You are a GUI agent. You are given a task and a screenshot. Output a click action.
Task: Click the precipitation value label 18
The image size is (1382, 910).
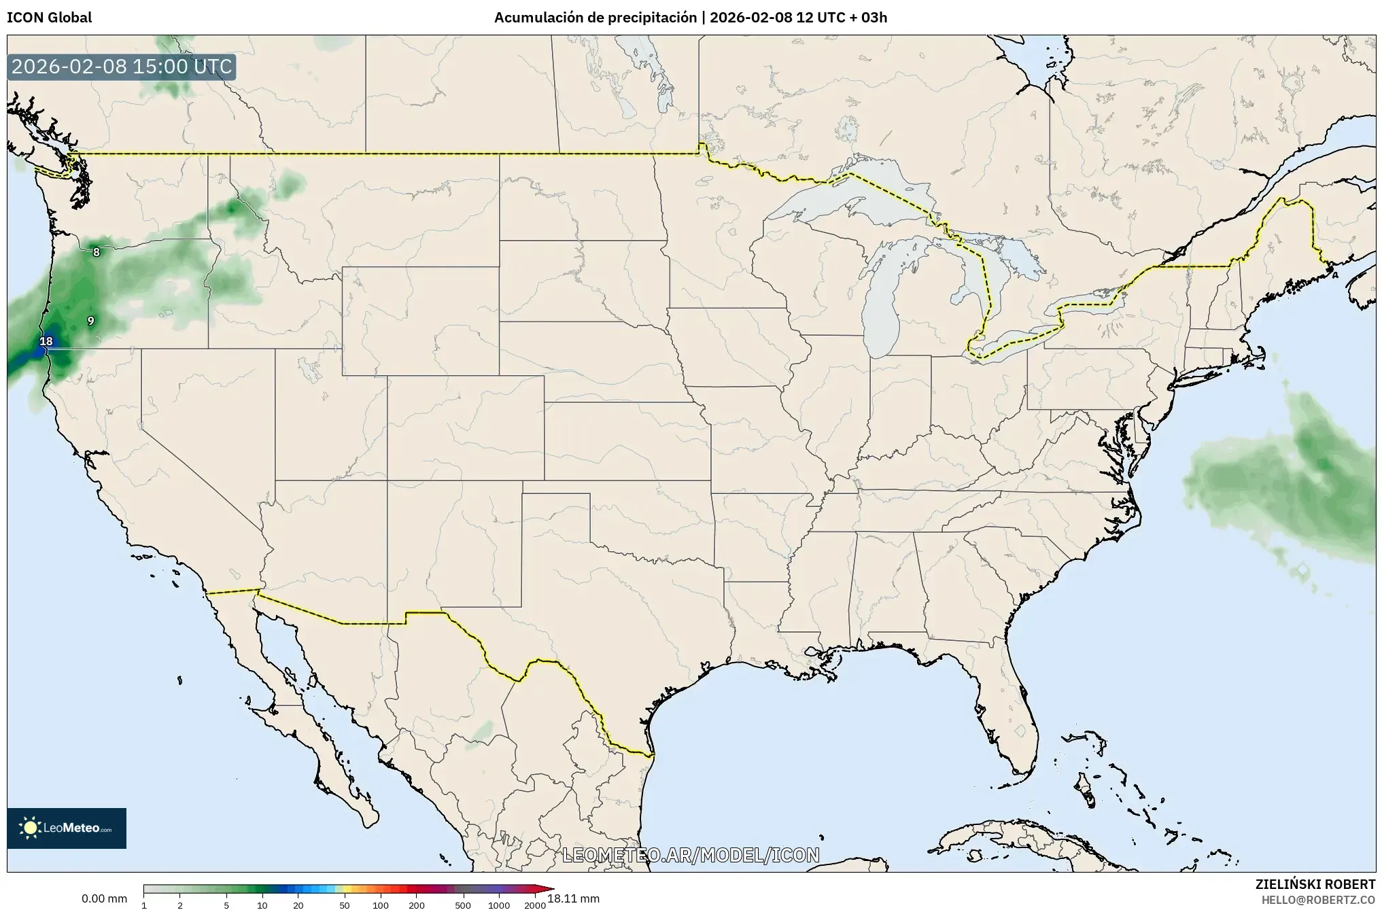point(46,341)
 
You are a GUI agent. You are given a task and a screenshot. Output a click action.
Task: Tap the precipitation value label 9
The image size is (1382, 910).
point(90,321)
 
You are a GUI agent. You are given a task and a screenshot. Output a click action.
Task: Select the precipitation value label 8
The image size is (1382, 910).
point(97,252)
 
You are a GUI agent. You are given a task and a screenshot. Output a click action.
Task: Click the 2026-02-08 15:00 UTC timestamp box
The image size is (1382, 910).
point(122,67)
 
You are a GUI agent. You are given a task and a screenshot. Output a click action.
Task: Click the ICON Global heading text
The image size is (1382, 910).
point(49,18)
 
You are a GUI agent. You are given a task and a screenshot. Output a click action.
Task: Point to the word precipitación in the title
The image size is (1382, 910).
point(659,18)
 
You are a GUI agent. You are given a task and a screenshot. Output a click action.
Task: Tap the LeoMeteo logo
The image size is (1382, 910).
point(67,828)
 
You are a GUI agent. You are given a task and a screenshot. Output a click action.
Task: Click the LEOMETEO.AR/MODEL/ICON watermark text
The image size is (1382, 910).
point(691,855)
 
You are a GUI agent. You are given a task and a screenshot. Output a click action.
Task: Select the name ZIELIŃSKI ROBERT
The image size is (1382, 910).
point(1315,884)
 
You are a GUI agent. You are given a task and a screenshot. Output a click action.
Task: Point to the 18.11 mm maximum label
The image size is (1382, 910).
point(573,898)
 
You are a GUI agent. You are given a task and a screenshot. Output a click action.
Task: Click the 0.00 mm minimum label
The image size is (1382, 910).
point(104,898)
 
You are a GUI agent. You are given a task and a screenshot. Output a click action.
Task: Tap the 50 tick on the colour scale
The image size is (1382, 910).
point(345,905)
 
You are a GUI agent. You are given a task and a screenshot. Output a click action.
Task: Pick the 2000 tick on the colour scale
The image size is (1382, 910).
point(535,905)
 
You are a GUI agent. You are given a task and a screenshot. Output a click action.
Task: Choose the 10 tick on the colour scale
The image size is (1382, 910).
point(262,905)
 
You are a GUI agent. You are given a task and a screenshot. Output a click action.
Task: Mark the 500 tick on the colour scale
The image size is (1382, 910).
point(463,905)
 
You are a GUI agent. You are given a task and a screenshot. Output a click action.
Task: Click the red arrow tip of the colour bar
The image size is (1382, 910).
point(549,888)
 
